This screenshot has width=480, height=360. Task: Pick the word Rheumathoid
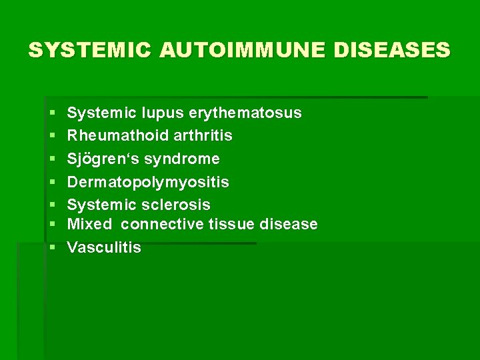[117, 136]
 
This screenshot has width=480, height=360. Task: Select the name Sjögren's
[101, 159]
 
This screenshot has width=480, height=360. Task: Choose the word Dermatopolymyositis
[148, 182]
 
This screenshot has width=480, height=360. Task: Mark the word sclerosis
[179, 205]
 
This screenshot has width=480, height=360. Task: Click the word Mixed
[89, 224]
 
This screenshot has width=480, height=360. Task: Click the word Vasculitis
[104, 247]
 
